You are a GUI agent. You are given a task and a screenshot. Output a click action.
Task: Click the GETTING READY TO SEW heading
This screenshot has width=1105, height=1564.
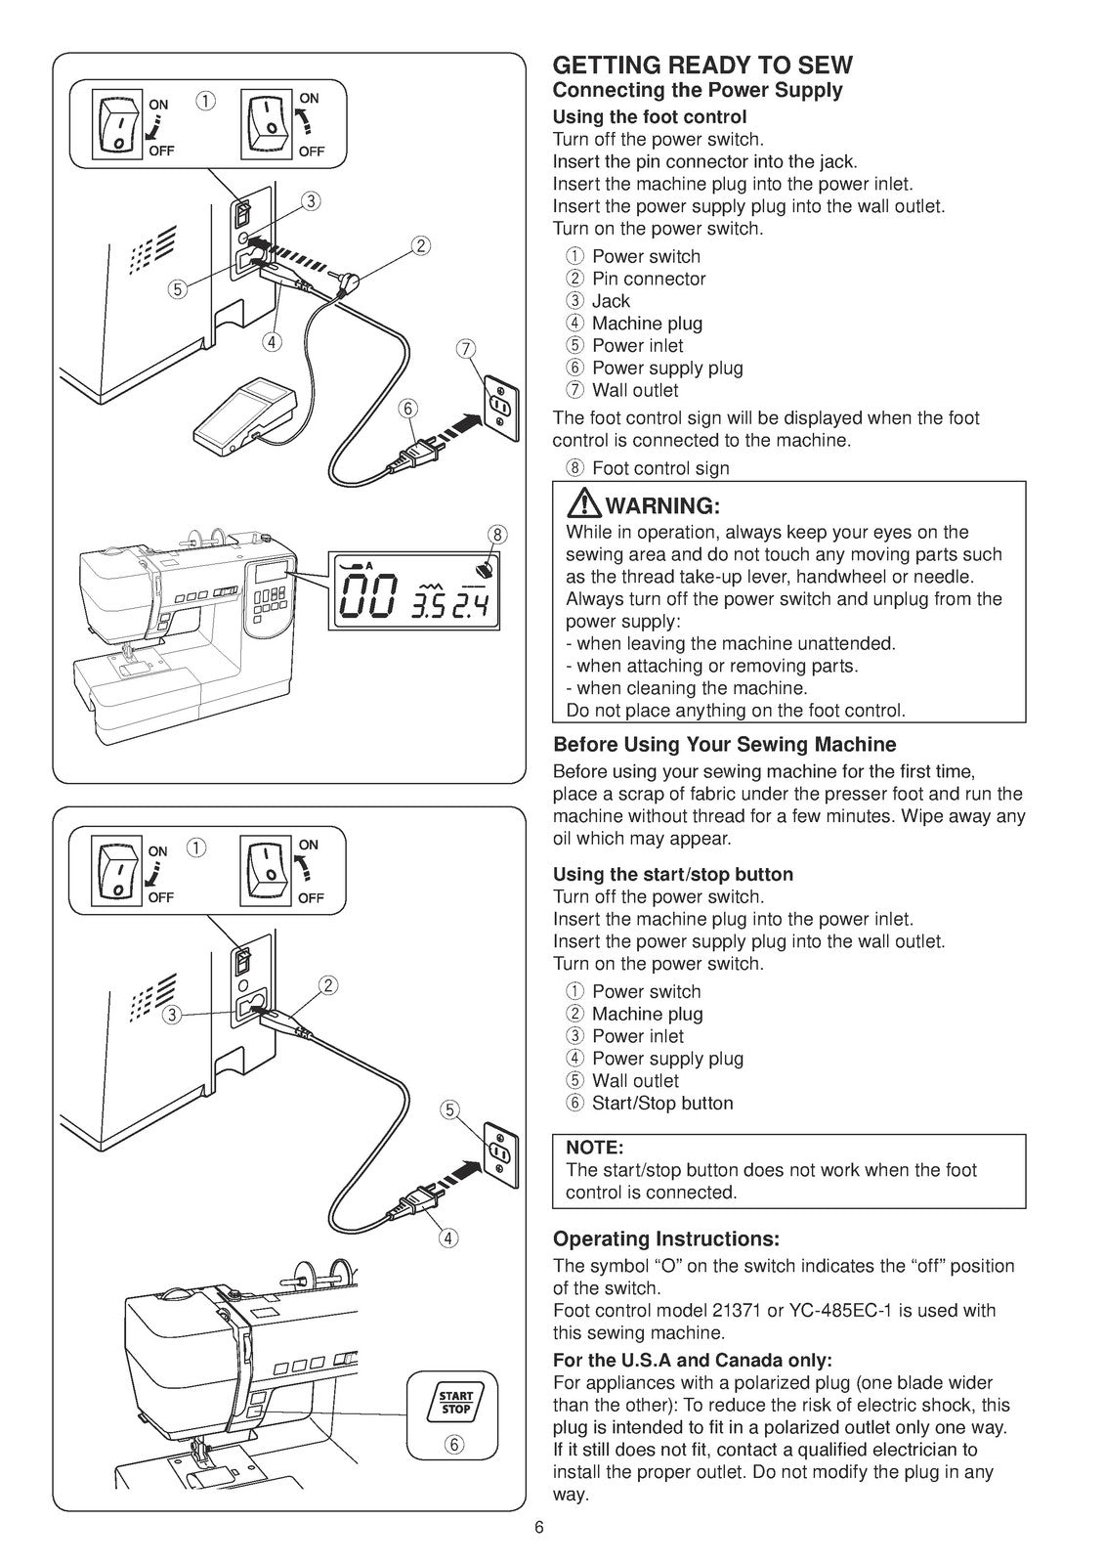pyautogui.click(x=702, y=65)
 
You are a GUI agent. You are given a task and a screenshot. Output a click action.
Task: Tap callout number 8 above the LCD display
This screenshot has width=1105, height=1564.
pyautogui.click(x=496, y=534)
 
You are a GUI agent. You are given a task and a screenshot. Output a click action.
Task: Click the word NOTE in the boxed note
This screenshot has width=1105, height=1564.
pyautogui.click(x=594, y=1147)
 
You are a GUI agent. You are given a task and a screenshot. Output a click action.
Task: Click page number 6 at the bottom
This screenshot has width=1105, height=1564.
pyautogui.click(x=538, y=1529)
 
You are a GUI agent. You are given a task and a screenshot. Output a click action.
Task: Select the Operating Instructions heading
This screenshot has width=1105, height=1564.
pyautogui.click(x=665, y=1239)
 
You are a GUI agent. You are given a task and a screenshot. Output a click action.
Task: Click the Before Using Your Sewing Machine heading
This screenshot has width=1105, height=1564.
pyautogui.click(x=724, y=744)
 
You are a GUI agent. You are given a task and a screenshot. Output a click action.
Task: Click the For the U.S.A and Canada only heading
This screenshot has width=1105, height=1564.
pyautogui.click(x=692, y=1360)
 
